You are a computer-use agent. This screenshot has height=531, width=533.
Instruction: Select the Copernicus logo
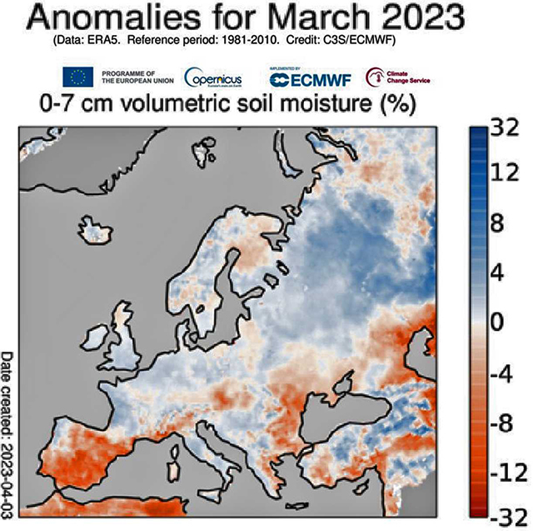[213, 78]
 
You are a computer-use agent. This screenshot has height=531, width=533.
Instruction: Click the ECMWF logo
[308, 78]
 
